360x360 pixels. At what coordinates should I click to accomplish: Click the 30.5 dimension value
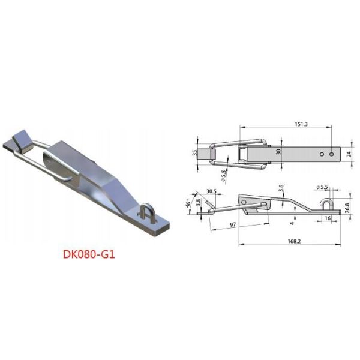coord(211,192)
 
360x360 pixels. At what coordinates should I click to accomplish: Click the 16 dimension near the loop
coord(328,220)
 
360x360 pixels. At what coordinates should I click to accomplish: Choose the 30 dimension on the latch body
coord(278,152)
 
